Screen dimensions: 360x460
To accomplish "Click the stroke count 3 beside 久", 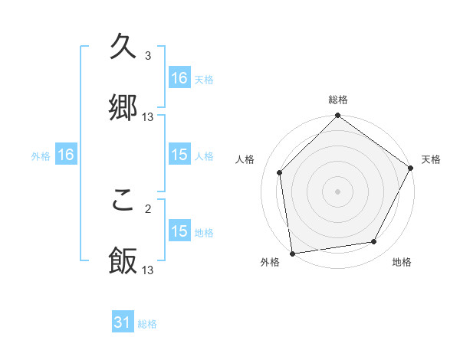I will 148,56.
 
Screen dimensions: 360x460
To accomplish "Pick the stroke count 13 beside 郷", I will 148,117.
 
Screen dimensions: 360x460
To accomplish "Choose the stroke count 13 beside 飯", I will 148,270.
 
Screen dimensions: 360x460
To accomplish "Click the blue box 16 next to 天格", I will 179,78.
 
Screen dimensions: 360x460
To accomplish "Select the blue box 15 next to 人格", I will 179,155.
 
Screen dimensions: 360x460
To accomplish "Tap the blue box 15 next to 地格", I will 179,231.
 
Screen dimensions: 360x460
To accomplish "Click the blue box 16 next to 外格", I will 66,155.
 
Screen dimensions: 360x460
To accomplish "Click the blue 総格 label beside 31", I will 147,324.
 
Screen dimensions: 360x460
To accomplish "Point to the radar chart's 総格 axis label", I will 337,100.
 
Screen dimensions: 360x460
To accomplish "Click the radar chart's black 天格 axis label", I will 431,159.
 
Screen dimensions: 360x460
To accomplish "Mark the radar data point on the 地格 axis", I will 374,242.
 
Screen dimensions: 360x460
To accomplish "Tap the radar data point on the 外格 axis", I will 292,253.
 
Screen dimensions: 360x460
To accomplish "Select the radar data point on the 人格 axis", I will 280,172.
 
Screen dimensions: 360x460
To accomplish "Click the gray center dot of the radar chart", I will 337,191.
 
